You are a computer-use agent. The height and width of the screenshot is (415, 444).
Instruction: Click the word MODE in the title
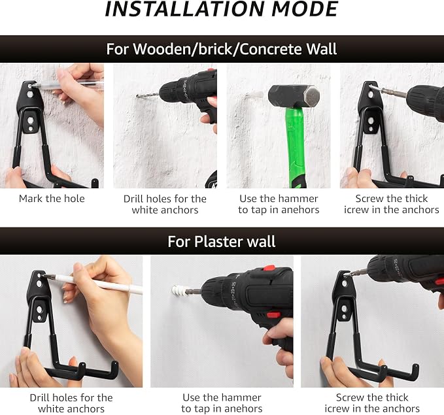pyautogui.click(x=305, y=9)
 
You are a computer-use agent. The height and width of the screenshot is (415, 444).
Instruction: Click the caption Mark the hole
pyautogui.click(x=52, y=199)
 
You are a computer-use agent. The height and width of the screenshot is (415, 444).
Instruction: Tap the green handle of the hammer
pyautogui.click(x=296, y=147)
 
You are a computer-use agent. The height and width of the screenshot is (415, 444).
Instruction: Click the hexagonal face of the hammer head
pyautogui.click(x=311, y=97)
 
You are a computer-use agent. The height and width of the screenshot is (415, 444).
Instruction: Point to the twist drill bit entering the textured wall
pyautogui.click(x=148, y=95)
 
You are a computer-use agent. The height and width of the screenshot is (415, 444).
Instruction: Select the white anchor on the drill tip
pyautogui.click(x=179, y=291)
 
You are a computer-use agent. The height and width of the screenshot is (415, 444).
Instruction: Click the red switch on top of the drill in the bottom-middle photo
pyautogui.click(x=269, y=268)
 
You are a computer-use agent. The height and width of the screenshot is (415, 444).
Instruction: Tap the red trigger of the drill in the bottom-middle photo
pyautogui.click(x=273, y=315)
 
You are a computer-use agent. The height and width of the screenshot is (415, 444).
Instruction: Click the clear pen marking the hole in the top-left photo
pyautogui.click(x=67, y=84)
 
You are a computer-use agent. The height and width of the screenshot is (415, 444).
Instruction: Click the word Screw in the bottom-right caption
pyautogui.click(x=349, y=397)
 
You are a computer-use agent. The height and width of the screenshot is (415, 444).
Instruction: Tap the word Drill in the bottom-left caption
pyautogui.click(x=41, y=397)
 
